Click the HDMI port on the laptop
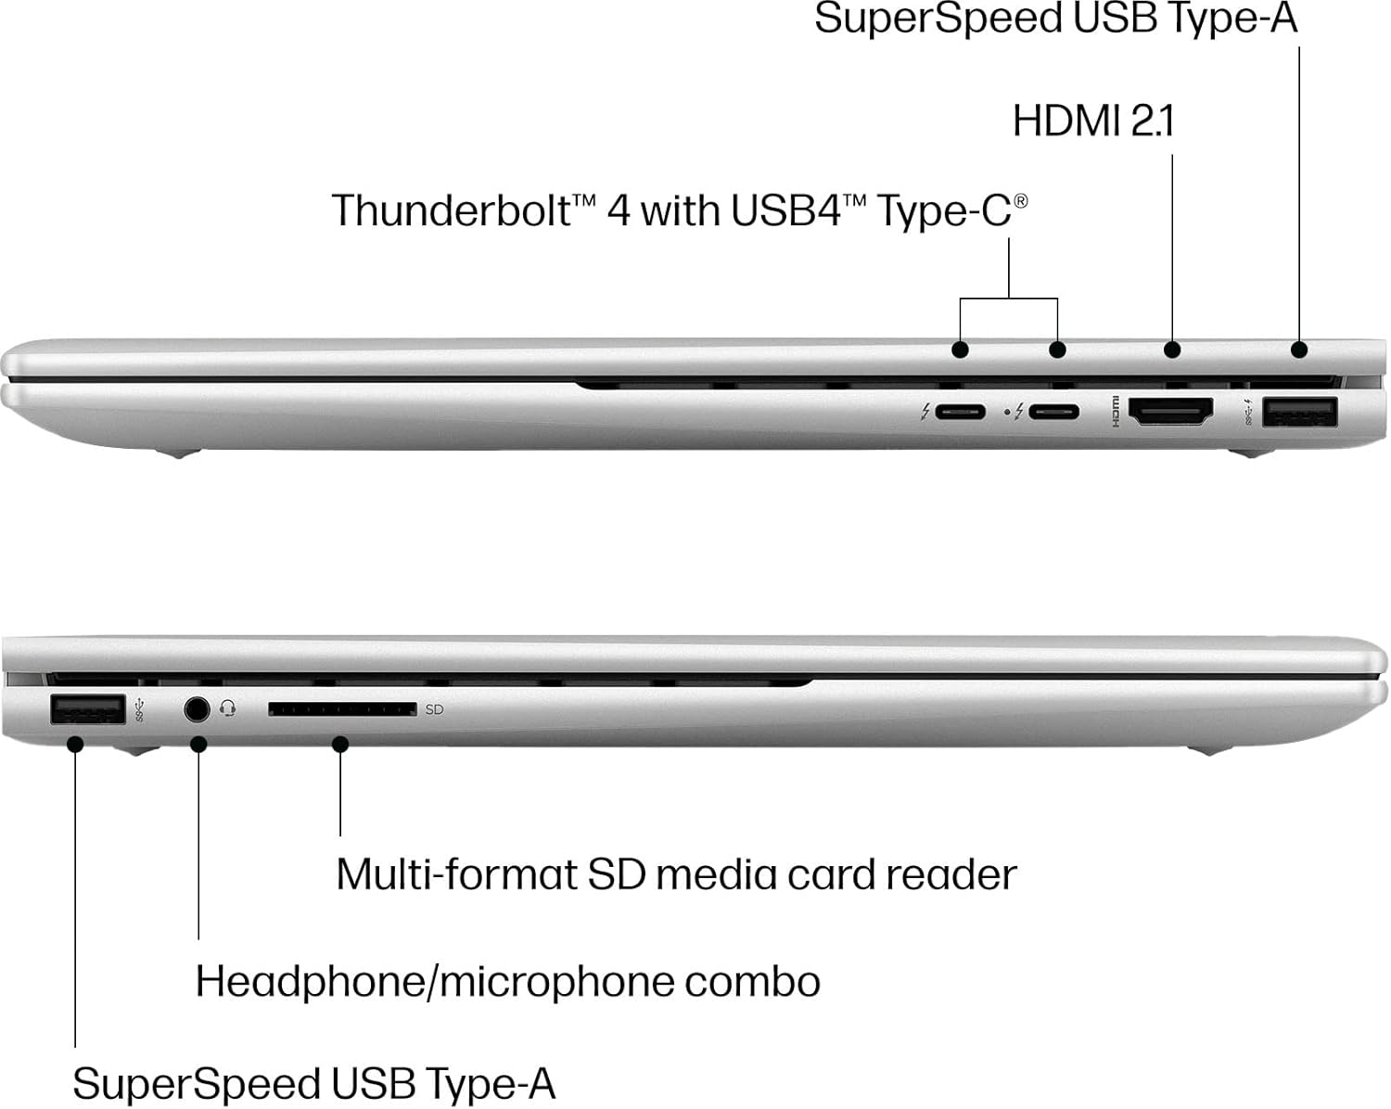(x=1170, y=412)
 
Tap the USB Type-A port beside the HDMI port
(x=1299, y=412)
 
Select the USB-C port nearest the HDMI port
(x=1052, y=412)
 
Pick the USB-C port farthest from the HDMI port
(x=959, y=412)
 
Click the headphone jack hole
(x=196, y=709)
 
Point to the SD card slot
(x=341, y=709)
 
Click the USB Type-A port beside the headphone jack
(x=87, y=709)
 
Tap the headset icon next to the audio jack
(x=228, y=709)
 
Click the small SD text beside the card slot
(x=434, y=710)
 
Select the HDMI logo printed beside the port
(x=1114, y=412)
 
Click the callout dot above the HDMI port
(x=1172, y=350)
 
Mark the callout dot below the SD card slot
(x=340, y=744)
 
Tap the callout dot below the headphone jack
(x=198, y=744)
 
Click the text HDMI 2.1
(x=1092, y=121)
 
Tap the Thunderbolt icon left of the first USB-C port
(x=925, y=412)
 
